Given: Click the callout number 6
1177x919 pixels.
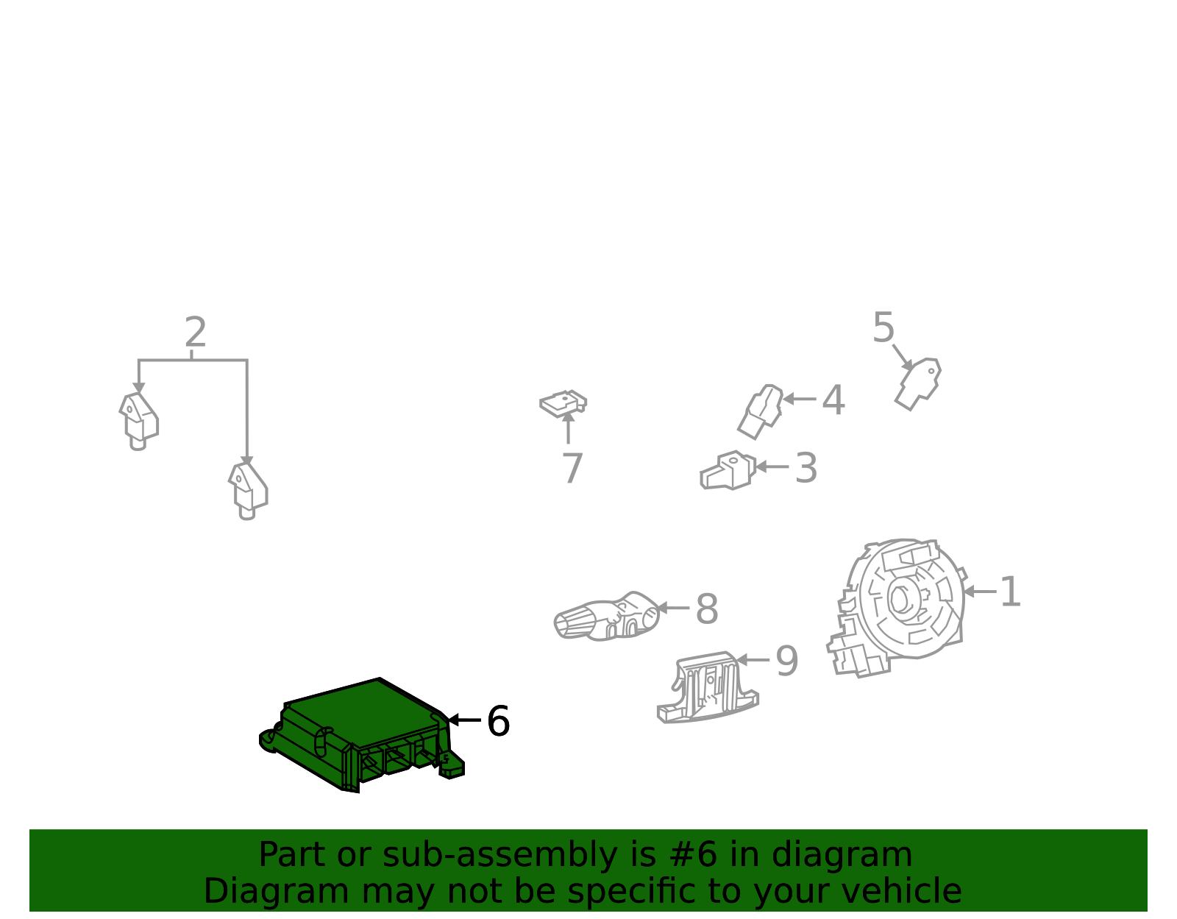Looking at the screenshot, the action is pyautogui.click(x=498, y=721).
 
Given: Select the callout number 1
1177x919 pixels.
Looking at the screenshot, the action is pyautogui.click(x=1009, y=592).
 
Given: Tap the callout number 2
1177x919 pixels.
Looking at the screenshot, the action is pyautogui.click(x=196, y=332).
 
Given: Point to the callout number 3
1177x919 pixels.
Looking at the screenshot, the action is pyautogui.click(x=806, y=468).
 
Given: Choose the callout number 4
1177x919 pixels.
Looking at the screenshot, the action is pyautogui.click(x=833, y=400).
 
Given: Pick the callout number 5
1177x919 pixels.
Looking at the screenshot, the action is pyautogui.click(x=883, y=327).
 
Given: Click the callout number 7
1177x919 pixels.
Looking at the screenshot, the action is pyautogui.click(x=572, y=468).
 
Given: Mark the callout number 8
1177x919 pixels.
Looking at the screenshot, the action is pyautogui.click(x=707, y=609).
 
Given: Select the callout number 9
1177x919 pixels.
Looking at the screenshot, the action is pyautogui.click(x=787, y=661).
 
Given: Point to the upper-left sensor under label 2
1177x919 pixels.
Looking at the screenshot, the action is pyautogui.click(x=138, y=422).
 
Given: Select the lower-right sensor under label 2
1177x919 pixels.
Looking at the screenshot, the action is pyautogui.click(x=248, y=491).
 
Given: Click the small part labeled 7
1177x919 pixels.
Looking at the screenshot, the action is pyautogui.click(x=563, y=404).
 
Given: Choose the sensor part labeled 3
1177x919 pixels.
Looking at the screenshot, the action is pyautogui.click(x=728, y=470).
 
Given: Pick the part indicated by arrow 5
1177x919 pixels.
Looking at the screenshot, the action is pyautogui.click(x=918, y=383).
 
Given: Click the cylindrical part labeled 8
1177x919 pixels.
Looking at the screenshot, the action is pyautogui.click(x=607, y=617).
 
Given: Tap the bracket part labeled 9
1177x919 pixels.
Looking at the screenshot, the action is pyautogui.click(x=708, y=688).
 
